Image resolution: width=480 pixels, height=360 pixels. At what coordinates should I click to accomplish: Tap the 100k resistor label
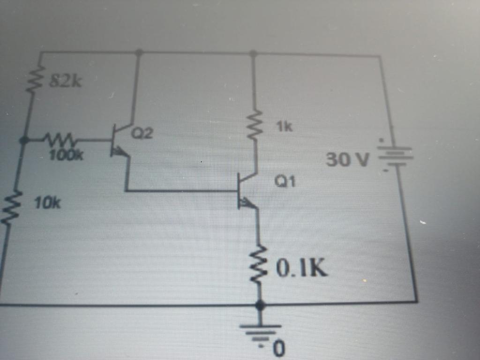66,155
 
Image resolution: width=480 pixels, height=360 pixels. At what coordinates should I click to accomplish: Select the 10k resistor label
47,203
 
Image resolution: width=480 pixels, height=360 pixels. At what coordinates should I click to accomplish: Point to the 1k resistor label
284,126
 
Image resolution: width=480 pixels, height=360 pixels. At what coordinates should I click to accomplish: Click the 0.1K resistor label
301,269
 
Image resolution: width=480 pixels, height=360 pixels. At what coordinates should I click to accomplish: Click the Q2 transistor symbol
120,141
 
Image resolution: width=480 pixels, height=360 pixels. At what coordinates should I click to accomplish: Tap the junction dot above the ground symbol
260,305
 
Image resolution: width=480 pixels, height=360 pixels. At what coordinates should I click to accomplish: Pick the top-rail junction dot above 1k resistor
253,54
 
